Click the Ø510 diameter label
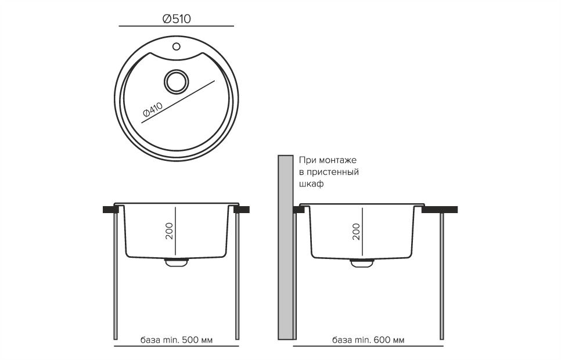[x=177, y=19]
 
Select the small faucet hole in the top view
[x=177, y=46]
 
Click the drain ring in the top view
[x=176, y=81]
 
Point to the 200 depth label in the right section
[x=357, y=231]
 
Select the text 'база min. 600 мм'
[x=368, y=340]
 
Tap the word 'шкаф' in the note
[x=311, y=183]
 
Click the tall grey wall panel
[x=285, y=247]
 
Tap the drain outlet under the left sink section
[x=177, y=262]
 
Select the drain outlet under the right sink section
[x=361, y=262]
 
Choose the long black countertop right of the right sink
[x=440, y=209]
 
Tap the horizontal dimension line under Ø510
[x=177, y=27]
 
